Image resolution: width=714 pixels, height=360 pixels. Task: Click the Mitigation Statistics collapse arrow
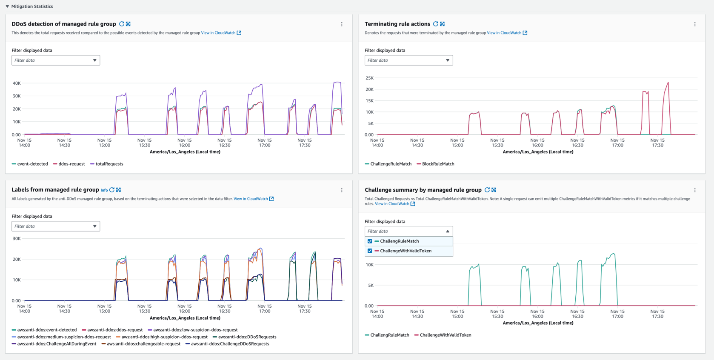point(7,6)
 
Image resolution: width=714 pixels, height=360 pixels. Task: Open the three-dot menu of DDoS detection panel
point(342,24)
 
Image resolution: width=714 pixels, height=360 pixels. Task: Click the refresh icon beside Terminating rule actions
point(435,24)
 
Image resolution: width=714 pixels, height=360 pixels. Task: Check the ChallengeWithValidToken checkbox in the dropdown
point(370,251)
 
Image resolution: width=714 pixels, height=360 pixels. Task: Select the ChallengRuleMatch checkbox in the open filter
point(370,241)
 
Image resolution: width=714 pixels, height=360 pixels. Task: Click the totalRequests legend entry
point(109,164)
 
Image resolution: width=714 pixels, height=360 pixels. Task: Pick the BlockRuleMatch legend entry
point(438,164)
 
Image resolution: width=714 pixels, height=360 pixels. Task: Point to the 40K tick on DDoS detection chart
point(17,83)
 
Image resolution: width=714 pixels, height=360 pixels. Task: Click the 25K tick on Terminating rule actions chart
point(369,78)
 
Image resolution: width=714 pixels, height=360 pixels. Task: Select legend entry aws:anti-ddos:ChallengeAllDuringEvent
point(57,344)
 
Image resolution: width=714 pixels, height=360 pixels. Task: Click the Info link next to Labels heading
point(104,190)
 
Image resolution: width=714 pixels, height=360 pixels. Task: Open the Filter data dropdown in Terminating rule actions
point(408,60)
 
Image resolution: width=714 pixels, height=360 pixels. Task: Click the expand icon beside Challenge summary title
point(494,190)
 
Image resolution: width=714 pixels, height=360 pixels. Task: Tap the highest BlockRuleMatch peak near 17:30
point(668,83)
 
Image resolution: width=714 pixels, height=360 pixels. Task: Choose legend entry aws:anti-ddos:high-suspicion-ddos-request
point(164,337)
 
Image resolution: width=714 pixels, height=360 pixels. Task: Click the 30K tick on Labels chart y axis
point(17,238)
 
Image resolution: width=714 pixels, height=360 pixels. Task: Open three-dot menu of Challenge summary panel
point(695,190)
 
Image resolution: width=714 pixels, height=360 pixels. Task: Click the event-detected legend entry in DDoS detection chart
point(32,164)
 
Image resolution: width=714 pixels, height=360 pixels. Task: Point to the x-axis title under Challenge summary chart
point(538,323)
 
